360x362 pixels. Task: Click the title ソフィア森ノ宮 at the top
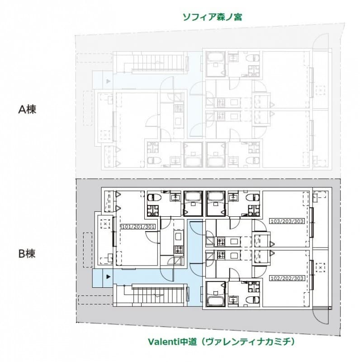click(x=212, y=17)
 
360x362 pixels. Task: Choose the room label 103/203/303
click(x=287, y=221)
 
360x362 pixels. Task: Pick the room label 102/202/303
click(x=287, y=278)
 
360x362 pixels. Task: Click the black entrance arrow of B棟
click(x=108, y=276)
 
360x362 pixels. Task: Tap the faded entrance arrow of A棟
click(x=108, y=81)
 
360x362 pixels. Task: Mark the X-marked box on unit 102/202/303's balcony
click(x=321, y=267)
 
